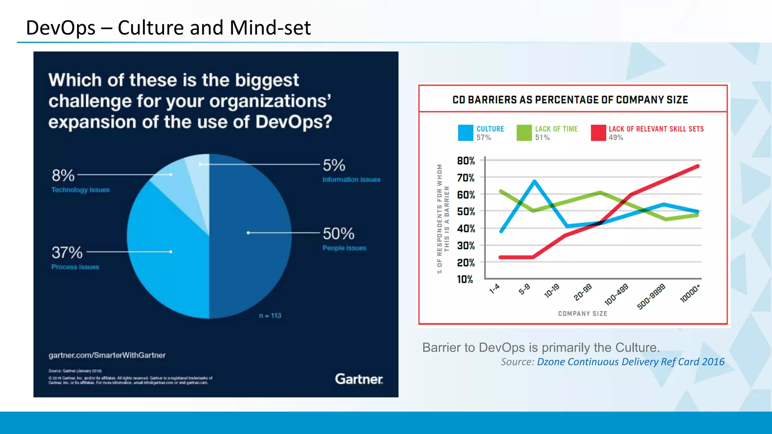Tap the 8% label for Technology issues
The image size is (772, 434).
click(x=63, y=176)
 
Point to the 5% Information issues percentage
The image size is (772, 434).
click(x=334, y=165)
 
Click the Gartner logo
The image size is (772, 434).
click(x=358, y=379)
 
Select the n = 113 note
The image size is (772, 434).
click(x=270, y=316)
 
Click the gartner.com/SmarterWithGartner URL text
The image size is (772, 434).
click(x=107, y=355)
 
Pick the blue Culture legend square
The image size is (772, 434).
click(x=466, y=133)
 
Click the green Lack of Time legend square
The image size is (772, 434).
click(x=524, y=133)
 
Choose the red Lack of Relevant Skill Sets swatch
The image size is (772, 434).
click(x=598, y=133)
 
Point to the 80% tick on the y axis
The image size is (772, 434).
click(x=466, y=161)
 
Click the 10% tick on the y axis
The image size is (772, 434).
click(x=465, y=280)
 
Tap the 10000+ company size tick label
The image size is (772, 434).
click(x=690, y=293)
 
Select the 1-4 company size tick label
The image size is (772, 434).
click(x=494, y=289)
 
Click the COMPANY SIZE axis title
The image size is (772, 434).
click(x=582, y=313)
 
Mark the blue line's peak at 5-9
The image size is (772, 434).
click(x=535, y=181)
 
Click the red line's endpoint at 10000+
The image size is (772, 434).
click(x=698, y=166)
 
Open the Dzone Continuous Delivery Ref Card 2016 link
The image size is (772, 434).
click(x=630, y=362)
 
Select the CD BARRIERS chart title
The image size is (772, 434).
click(x=570, y=100)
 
